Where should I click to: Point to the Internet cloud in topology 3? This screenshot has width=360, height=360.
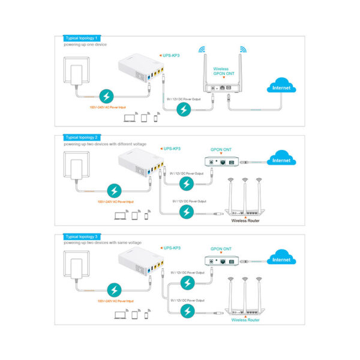[x=281, y=259]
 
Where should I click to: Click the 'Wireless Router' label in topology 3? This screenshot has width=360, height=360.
[x=244, y=320]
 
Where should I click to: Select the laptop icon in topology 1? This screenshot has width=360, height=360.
[x=130, y=118]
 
